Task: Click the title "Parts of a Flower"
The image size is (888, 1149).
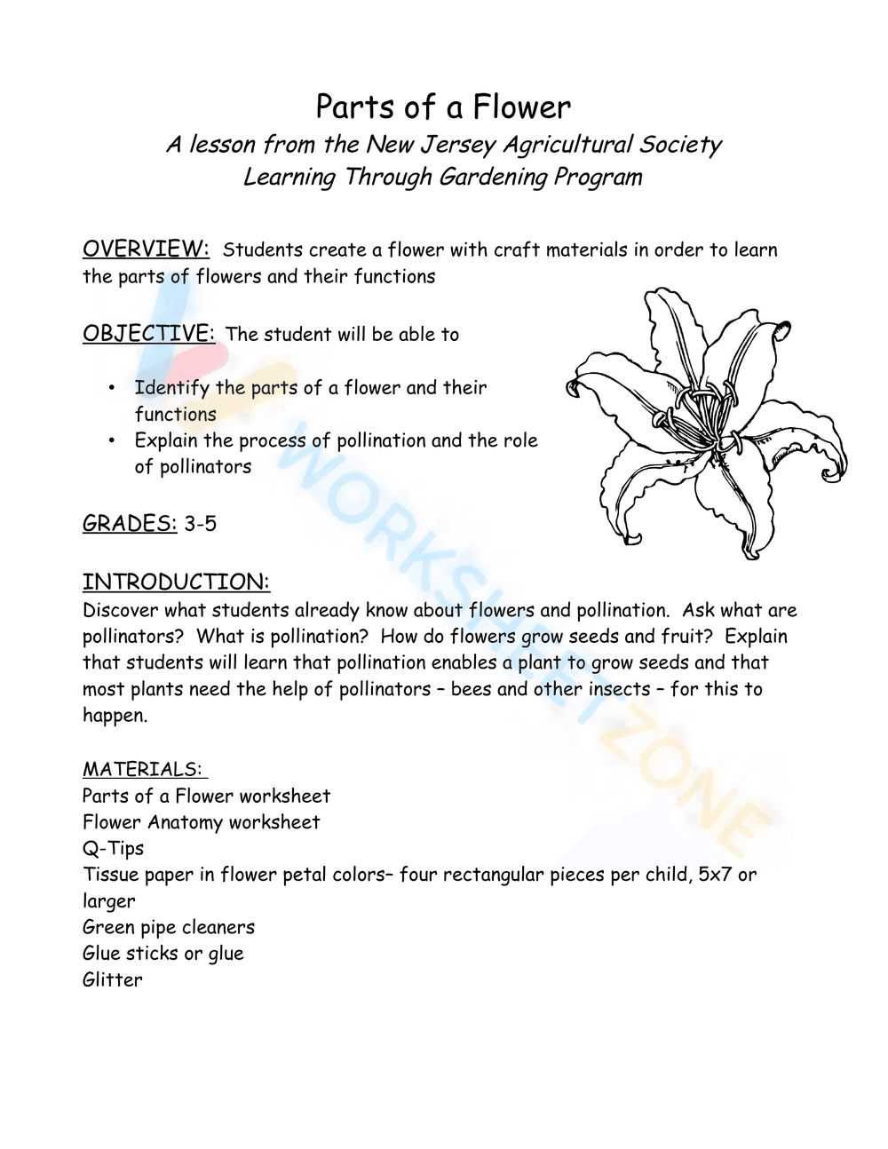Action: (x=443, y=107)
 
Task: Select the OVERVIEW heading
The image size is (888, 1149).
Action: (x=146, y=249)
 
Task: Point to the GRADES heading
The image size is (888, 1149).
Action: (x=130, y=523)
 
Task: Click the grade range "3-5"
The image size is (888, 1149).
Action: (x=201, y=524)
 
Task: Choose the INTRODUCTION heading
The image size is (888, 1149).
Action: (x=176, y=582)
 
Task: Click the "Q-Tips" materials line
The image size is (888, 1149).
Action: (x=113, y=848)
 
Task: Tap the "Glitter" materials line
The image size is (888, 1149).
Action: (x=112, y=979)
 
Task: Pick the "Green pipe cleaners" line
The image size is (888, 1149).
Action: (x=169, y=927)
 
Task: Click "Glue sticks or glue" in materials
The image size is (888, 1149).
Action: (x=163, y=953)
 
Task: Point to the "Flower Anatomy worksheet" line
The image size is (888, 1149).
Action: (x=201, y=822)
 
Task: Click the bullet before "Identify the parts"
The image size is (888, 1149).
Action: (x=112, y=387)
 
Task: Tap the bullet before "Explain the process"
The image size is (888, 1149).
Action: (x=112, y=440)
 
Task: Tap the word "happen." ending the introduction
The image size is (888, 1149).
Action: (x=115, y=716)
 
